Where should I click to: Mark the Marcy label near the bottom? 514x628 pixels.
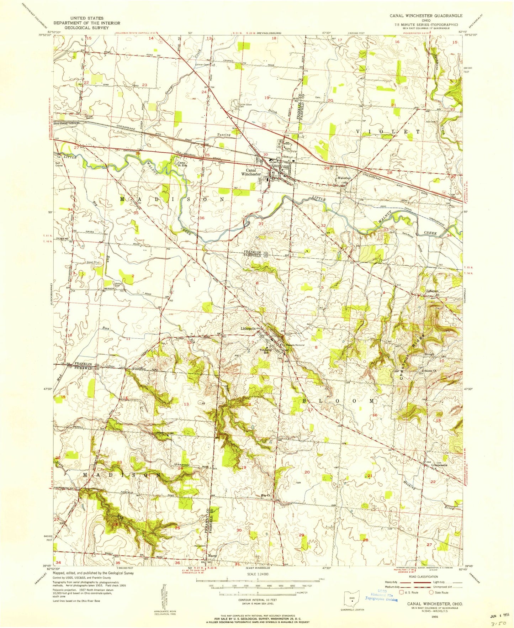212,565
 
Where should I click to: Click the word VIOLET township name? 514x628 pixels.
388,132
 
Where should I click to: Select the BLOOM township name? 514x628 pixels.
338,401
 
